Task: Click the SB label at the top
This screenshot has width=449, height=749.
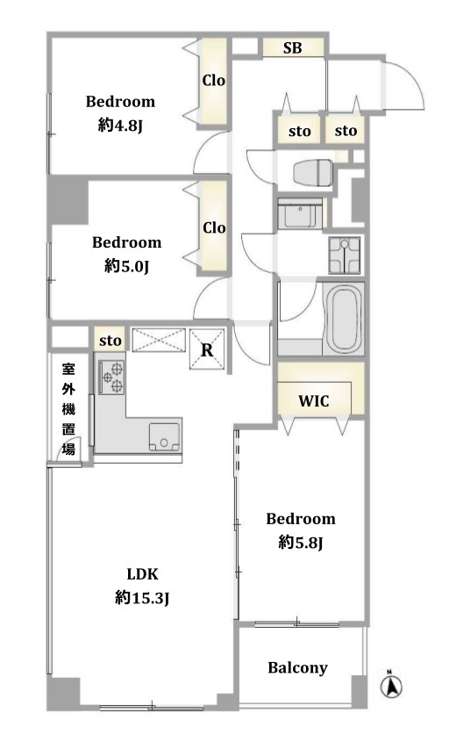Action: coord(292,47)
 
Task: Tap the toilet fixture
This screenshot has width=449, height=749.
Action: coord(313,172)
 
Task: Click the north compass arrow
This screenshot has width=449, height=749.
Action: coord(391,687)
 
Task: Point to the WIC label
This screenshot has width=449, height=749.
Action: coord(314,400)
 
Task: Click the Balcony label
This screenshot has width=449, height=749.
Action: coord(298,668)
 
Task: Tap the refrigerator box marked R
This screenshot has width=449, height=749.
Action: coord(207,349)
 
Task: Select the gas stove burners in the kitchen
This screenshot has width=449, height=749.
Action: coord(111,378)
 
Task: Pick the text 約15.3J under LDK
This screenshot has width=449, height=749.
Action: coord(142,598)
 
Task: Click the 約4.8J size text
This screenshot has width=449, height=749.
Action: coord(121,126)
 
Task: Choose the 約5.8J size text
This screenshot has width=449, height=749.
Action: coord(301,543)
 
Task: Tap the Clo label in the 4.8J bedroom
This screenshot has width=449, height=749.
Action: coord(214,80)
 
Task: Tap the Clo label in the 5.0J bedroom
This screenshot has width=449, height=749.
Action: coord(214,227)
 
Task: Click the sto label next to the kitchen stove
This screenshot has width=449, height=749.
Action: coord(110,341)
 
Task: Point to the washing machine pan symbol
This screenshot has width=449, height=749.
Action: coord(344,256)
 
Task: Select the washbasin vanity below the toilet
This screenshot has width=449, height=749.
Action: coord(301,214)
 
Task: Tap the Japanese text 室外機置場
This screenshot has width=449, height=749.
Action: coord(68,409)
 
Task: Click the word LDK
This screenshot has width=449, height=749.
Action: coord(142,573)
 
